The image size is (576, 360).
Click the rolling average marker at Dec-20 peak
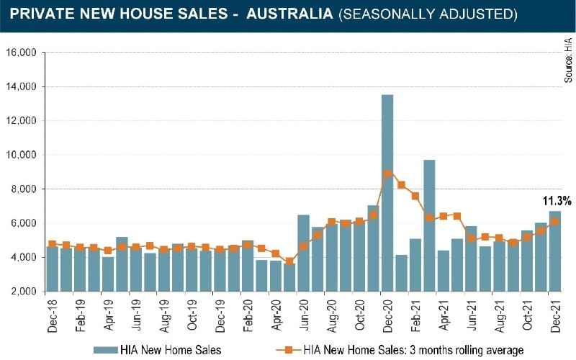pos(387,174)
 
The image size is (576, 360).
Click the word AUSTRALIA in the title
pos(290,14)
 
